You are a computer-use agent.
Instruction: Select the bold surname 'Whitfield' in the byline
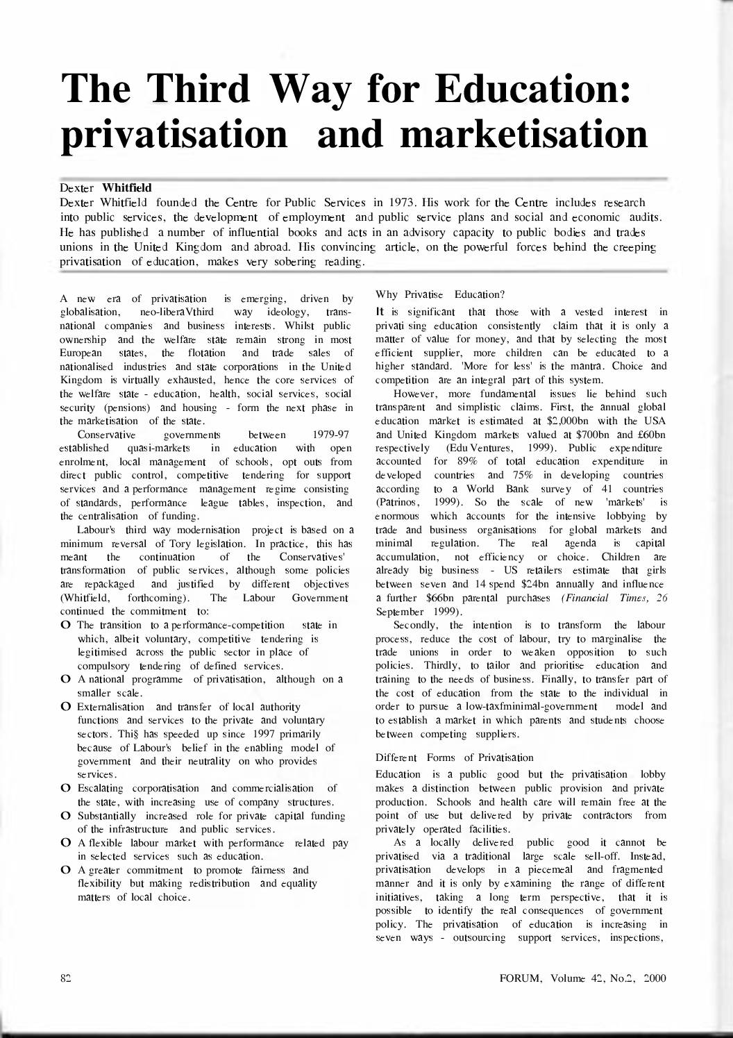127,187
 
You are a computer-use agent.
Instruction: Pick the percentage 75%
527,475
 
